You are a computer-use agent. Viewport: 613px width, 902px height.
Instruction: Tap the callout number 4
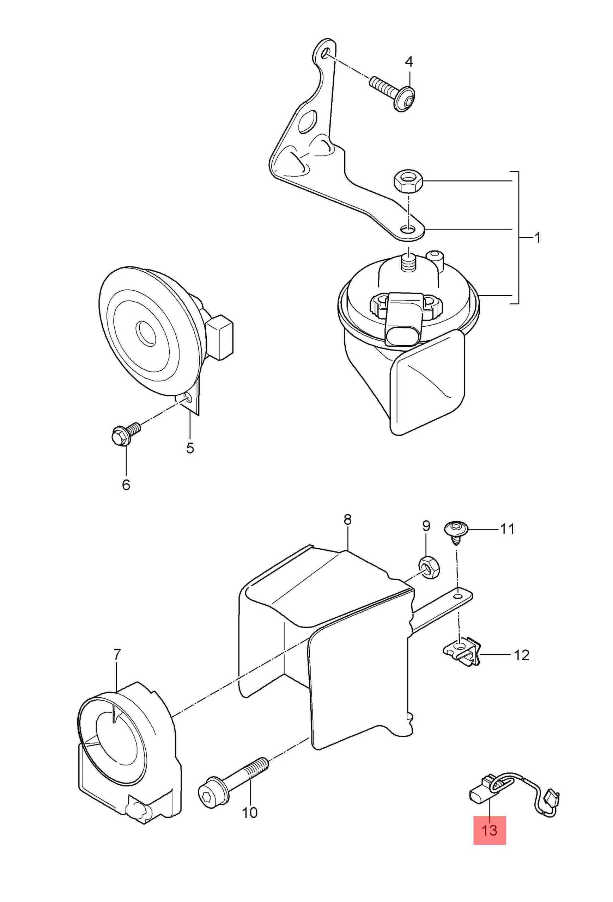[x=409, y=62]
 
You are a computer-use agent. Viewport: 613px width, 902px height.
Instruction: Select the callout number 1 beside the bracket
[x=537, y=237]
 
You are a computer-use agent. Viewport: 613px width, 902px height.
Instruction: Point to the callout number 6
[x=126, y=485]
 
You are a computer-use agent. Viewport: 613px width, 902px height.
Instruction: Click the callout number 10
[x=250, y=832]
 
